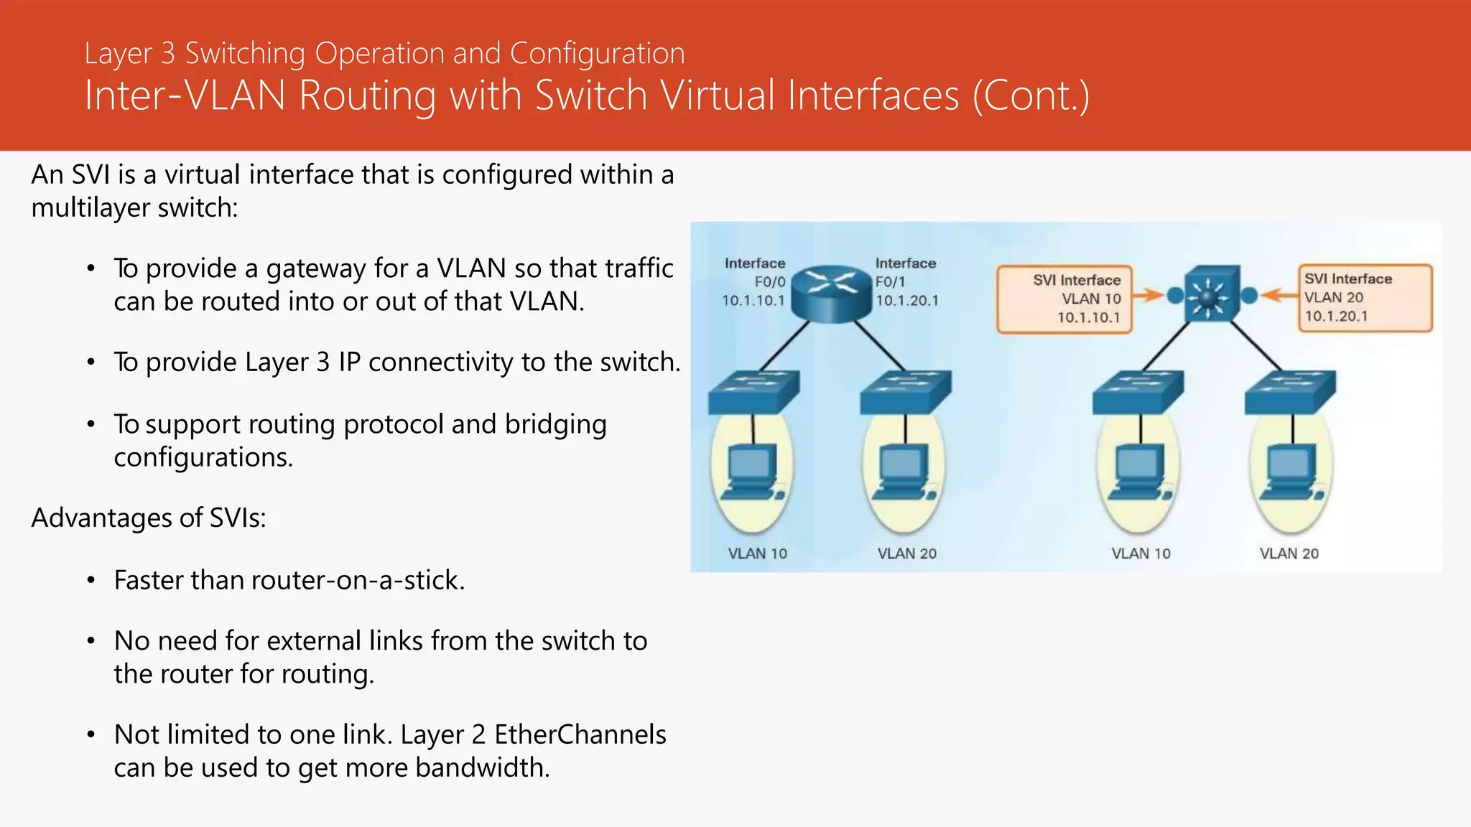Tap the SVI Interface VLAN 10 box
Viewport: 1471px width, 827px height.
pos(1064,299)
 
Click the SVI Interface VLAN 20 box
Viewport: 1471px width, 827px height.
pos(1365,298)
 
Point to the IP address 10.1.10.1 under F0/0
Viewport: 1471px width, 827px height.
pos(753,301)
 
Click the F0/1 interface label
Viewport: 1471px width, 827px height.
pos(890,282)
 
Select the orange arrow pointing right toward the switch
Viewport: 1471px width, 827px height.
pos(1151,295)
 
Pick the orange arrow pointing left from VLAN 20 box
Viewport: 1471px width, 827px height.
pos(1279,295)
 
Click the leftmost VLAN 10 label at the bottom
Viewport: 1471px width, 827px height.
pos(757,553)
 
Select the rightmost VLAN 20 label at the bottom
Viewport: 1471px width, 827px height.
pos(1289,553)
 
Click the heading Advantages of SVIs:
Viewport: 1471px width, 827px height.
pos(149,518)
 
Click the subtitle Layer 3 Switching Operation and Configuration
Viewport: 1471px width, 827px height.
pos(384,53)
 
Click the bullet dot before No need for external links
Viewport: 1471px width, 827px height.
pos(91,640)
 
